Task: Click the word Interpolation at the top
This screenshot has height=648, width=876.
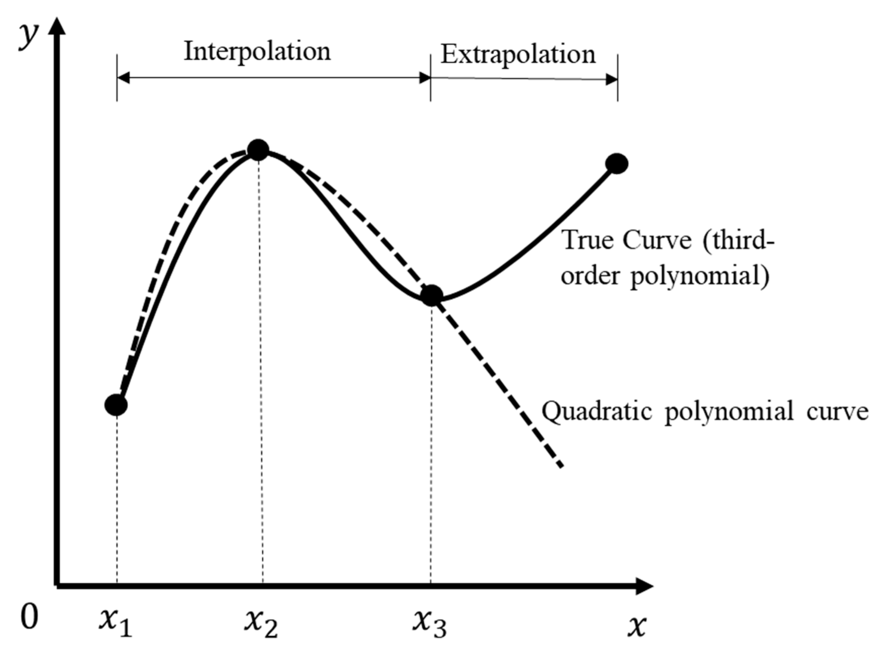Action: pyautogui.click(x=258, y=52)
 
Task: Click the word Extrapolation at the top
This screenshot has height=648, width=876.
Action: pyautogui.click(x=518, y=54)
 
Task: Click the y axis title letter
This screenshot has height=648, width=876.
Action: pyautogui.click(x=29, y=36)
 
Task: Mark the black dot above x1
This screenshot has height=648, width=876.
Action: pyautogui.click(x=116, y=405)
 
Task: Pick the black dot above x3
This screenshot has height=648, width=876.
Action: pyautogui.click(x=432, y=296)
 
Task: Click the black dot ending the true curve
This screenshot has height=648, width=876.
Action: pyautogui.click(x=617, y=164)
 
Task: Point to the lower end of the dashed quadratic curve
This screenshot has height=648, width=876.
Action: pyautogui.click(x=561, y=465)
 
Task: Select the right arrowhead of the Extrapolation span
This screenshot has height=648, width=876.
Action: pyautogui.click(x=612, y=80)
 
